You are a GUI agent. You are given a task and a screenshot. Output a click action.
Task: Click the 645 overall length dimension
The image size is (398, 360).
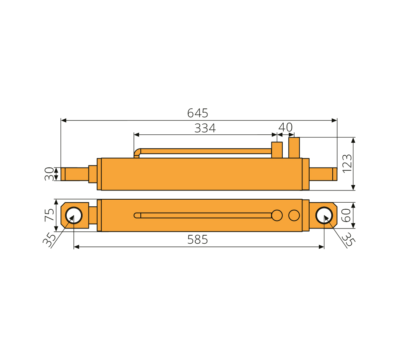(x=197, y=113)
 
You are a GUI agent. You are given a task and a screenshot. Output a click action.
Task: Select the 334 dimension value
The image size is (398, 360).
(x=205, y=128)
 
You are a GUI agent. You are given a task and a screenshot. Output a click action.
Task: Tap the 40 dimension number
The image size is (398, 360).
(x=286, y=127)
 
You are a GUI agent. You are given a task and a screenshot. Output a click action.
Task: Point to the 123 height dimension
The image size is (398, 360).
(x=347, y=164)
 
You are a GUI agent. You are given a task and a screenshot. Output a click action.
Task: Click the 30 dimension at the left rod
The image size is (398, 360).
(x=49, y=174)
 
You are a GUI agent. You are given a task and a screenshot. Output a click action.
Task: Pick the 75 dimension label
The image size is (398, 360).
(x=49, y=215)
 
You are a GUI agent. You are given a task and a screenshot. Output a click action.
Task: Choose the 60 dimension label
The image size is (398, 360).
(x=346, y=216)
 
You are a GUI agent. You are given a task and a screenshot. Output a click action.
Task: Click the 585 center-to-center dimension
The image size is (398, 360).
(x=197, y=239)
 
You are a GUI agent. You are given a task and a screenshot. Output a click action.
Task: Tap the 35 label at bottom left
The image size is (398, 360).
(x=49, y=240)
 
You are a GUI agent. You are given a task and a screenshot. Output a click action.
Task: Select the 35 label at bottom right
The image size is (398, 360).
(x=349, y=239)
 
